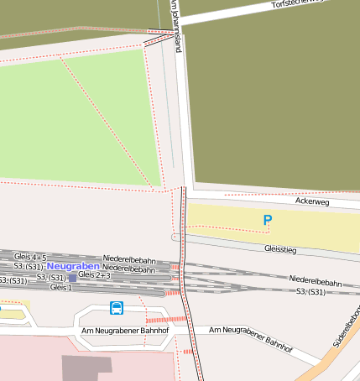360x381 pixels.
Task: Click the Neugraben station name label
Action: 73,265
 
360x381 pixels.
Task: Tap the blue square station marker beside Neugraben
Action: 73,275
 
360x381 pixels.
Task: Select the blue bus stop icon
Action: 116,308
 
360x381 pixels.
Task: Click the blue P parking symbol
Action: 268,220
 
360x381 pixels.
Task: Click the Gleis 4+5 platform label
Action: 31,256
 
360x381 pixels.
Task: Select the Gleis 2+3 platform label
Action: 94,274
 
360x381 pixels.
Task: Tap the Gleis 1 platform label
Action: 61,287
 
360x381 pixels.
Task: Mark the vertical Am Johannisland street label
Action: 176,25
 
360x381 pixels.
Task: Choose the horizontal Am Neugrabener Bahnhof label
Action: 125,331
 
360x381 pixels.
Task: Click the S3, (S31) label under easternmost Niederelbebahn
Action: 315,290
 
